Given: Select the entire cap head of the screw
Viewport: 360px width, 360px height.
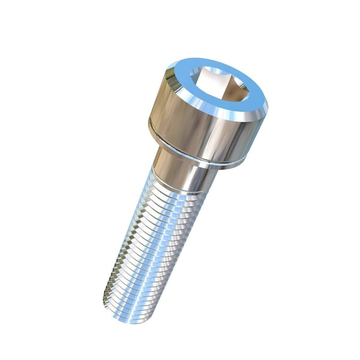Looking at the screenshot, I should coord(207,114).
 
